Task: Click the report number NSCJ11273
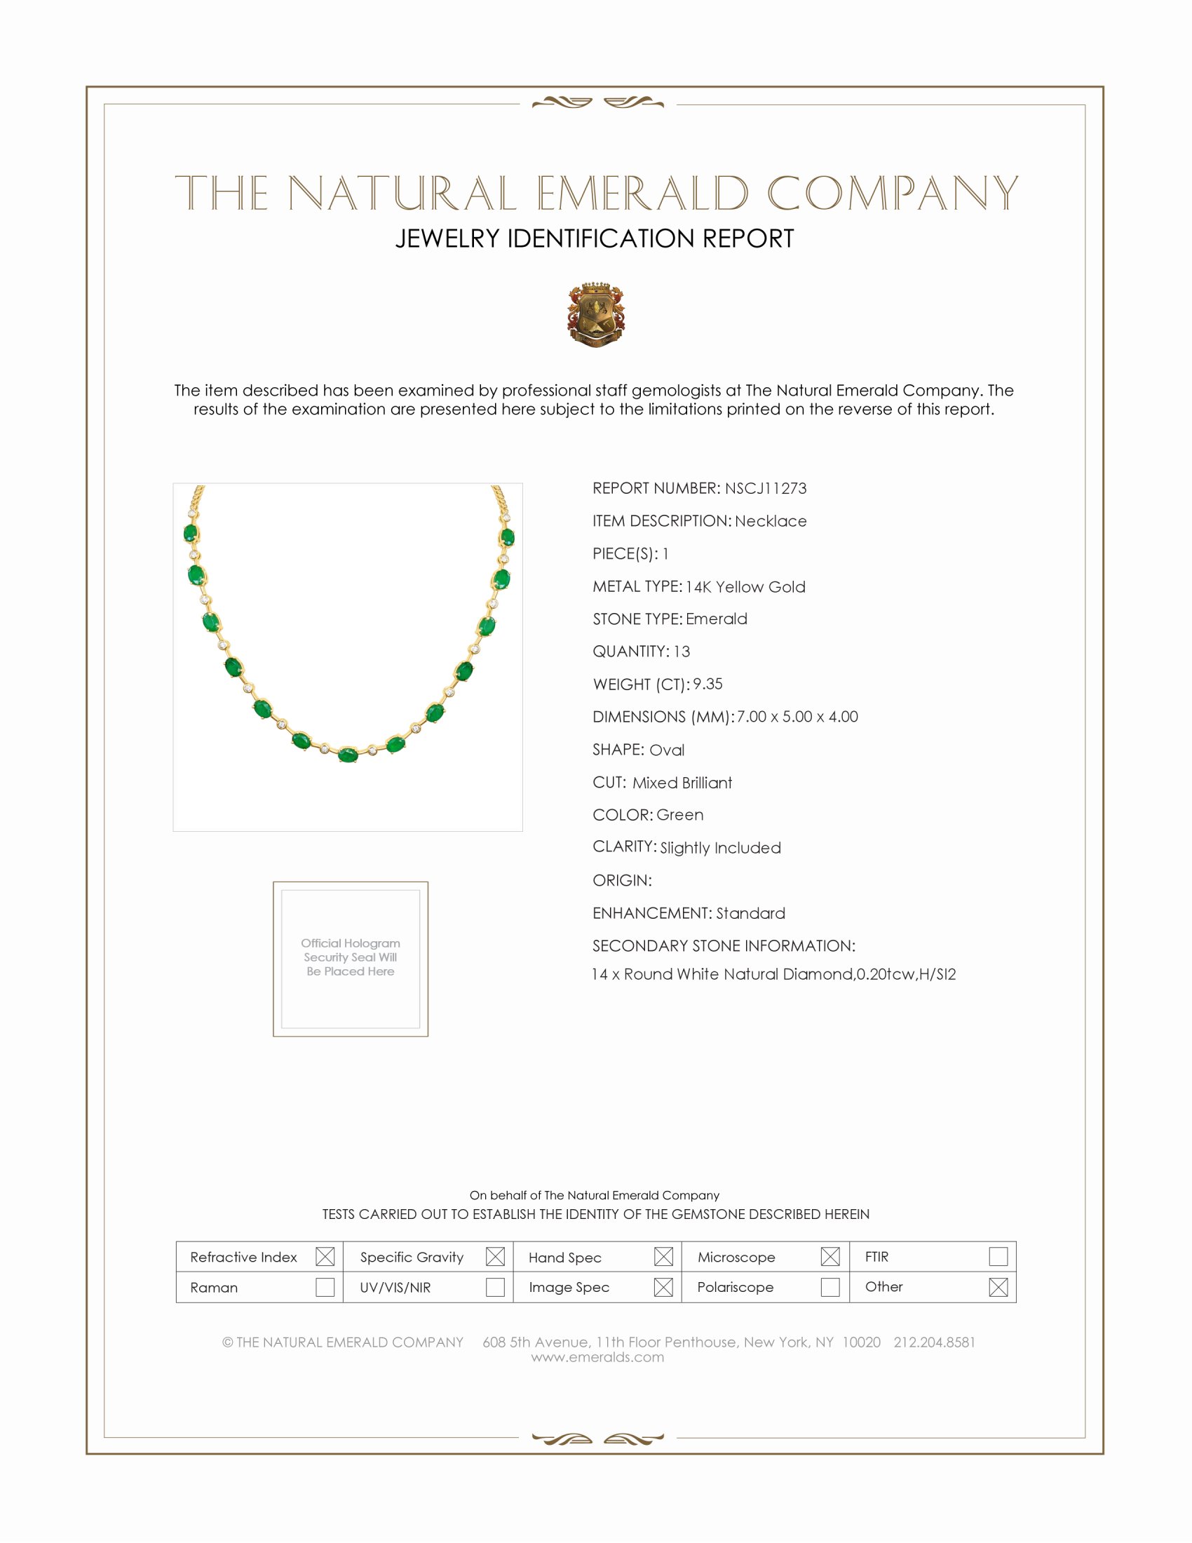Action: point(766,488)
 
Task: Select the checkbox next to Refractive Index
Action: point(325,1256)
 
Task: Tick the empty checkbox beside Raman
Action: point(325,1286)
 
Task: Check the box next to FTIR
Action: point(998,1256)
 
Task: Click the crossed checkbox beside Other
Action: point(998,1286)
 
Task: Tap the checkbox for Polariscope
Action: point(829,1286)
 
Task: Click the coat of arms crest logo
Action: point(595,314)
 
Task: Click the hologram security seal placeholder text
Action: point(351,957)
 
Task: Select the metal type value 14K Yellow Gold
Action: point(745,587)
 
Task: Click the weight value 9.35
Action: point(707,684)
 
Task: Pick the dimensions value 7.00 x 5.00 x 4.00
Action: point(797,716)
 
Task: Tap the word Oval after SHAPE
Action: point(667,750)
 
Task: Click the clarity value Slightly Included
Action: point(720,848)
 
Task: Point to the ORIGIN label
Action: point(621,880)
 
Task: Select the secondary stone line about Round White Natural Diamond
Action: point(773,974)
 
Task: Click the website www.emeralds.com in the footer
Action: point(597,1356)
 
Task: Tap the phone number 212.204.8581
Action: point(934,1342)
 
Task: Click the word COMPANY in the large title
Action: point(893,193)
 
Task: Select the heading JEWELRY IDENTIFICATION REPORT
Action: point(595,238)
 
